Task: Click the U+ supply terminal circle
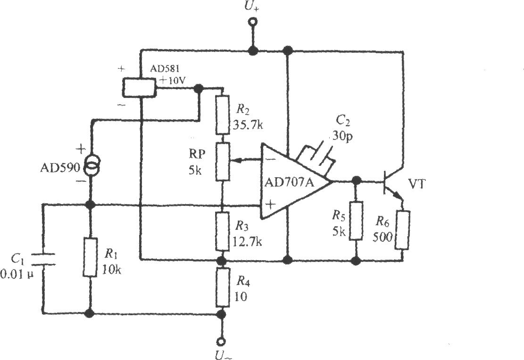[x=252, y=22]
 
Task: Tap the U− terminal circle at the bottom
[x=221, y=342]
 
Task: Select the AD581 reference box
[x=140, y=88]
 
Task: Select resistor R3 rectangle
[x=222, y=231]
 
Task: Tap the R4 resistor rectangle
[x=222, y=286]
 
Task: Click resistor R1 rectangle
[x=90, y=257]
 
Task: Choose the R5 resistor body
[x=356, y=221]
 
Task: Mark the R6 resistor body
[x=402, y=230]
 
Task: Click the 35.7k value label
[x=247, y=125]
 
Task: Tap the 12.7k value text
[x=247, y=242]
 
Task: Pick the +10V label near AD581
[x=173, y=81]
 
